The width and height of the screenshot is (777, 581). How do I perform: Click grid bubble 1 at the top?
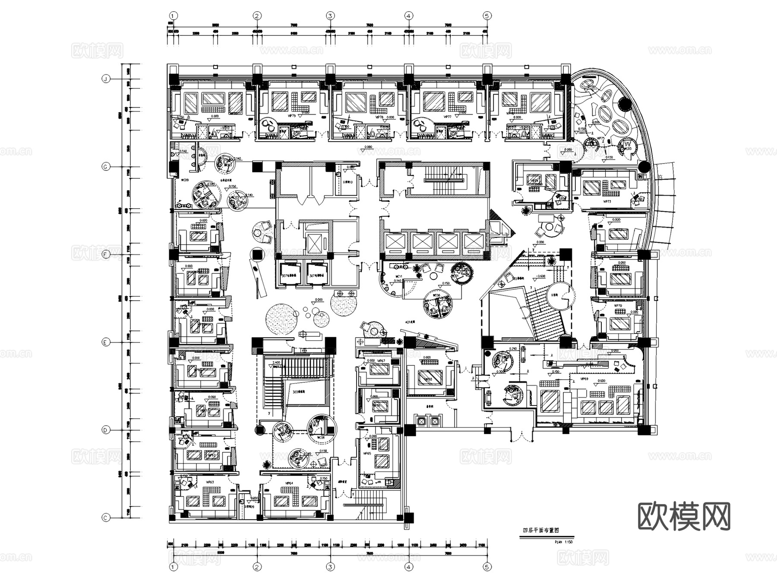[173, 16]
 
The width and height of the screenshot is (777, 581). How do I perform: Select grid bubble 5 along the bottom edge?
[487, 567]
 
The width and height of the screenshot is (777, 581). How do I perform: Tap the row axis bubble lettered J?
[105, 79]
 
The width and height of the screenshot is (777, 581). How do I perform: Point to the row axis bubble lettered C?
[105, 518]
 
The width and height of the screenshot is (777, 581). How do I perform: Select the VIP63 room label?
[210, 483]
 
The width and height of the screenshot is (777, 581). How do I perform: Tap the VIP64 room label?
[289, 483]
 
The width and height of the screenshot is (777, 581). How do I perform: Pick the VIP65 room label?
[367, 454]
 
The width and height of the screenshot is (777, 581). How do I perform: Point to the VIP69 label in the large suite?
[584, 379]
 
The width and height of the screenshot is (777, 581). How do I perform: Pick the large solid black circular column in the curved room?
[624, 104]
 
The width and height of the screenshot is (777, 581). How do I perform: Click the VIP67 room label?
[381, 361]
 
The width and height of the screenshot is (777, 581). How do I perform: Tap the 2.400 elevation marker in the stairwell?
[276, 363]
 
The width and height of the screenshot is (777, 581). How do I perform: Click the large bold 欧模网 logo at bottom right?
[684, 516]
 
